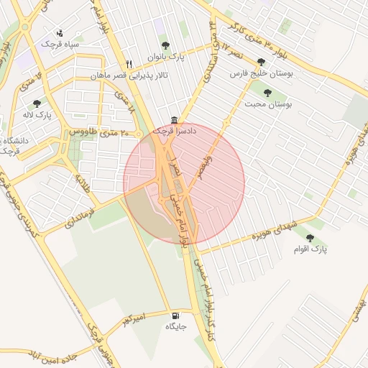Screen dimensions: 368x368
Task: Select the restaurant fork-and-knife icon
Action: [129, 63]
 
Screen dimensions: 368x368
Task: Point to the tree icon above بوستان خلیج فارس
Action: [260, 63]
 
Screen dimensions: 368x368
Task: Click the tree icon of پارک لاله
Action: [37, 104]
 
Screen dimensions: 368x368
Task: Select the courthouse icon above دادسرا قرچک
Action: [174, 119]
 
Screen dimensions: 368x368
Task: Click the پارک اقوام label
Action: [310, 249]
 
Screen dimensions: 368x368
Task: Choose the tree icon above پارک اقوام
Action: [310, 238]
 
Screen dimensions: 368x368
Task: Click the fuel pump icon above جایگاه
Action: [175, 316]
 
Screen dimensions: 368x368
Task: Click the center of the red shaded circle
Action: [184, 183]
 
